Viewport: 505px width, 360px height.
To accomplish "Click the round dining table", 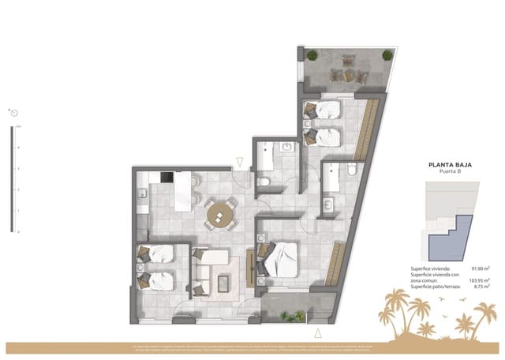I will click(x=220, y=214).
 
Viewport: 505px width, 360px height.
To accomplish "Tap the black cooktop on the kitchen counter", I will click(x=166, y=178).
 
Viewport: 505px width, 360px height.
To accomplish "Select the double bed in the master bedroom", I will click(x=280, y=259).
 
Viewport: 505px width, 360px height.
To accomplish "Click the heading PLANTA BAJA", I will click(x=450, y=166).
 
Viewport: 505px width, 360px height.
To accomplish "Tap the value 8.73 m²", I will click(x=481, y=287).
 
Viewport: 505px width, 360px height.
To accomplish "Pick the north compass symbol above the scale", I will click(x=14, y=114).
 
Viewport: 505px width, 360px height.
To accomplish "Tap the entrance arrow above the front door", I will click(x=241, y=163).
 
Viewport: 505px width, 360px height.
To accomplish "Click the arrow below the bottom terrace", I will click(x=316, y=332).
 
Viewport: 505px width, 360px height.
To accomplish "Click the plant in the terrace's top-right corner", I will click(x=387, y=55).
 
